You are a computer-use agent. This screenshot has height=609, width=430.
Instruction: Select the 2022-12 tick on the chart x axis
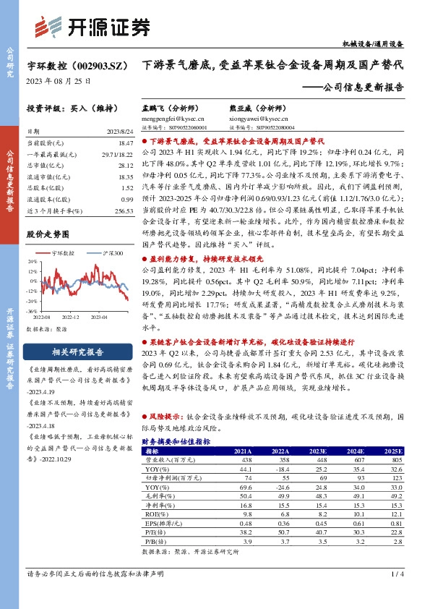pos(70,317)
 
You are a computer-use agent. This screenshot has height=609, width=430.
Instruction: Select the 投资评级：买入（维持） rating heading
pos(66,108)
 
